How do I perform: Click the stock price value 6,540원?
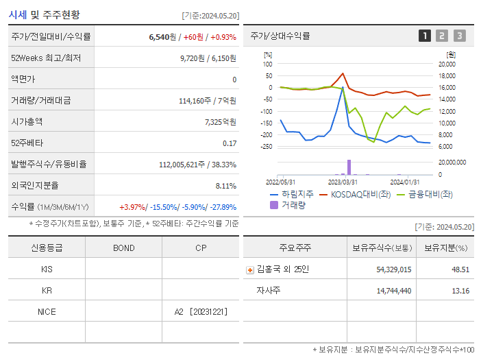(x=162, y=37)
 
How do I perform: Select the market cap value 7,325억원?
(x=220, y=122)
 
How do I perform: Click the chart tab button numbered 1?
(x=425, y=36)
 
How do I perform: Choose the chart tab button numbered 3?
(x=459, y=36)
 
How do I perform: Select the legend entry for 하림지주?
(x=292, y=194)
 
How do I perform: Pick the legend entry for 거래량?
(x=288, y=204)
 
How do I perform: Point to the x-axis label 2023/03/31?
(x=343, y=182)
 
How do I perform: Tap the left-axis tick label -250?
(x=267, y=147)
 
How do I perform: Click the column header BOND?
(x=123, y=248)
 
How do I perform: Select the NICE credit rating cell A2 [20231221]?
(x=201, y=312)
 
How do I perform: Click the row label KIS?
(x=47, y=269)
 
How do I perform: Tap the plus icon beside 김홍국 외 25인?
(x=250, y=270)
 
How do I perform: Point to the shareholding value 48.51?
(x=460, y=270)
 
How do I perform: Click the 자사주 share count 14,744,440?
(x=393, y=291)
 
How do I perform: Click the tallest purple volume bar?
(x=349, y=167)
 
